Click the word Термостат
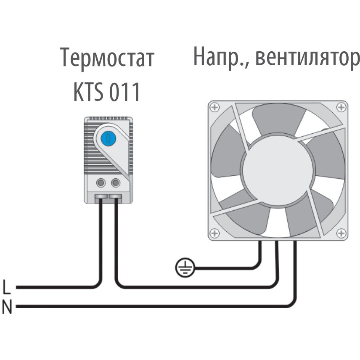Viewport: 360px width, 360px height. [107, 58]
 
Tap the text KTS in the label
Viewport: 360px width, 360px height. [88, 92]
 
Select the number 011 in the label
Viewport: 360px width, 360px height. [124, 92]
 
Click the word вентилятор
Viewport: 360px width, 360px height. [307, 57]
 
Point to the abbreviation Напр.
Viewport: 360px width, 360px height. [221, 57]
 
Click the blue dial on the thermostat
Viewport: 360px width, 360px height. [109, 138]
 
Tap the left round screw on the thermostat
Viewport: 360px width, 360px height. [101, 183]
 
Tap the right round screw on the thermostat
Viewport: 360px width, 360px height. [116, 183]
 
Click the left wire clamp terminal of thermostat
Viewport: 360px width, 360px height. [101, 196]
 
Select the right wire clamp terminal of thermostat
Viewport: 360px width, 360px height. [115, 196]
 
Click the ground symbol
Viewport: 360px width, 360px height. [185, 268]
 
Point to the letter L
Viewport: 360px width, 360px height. [7, 287]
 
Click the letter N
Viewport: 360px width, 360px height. [7, 307]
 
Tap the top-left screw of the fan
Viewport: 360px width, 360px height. [214, 107]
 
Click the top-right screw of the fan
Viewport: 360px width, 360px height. [341, 107]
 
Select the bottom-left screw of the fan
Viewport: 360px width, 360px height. [214, 233]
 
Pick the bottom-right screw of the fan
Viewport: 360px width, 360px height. [341, 233]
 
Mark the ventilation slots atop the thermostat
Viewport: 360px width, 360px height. [109, 118]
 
